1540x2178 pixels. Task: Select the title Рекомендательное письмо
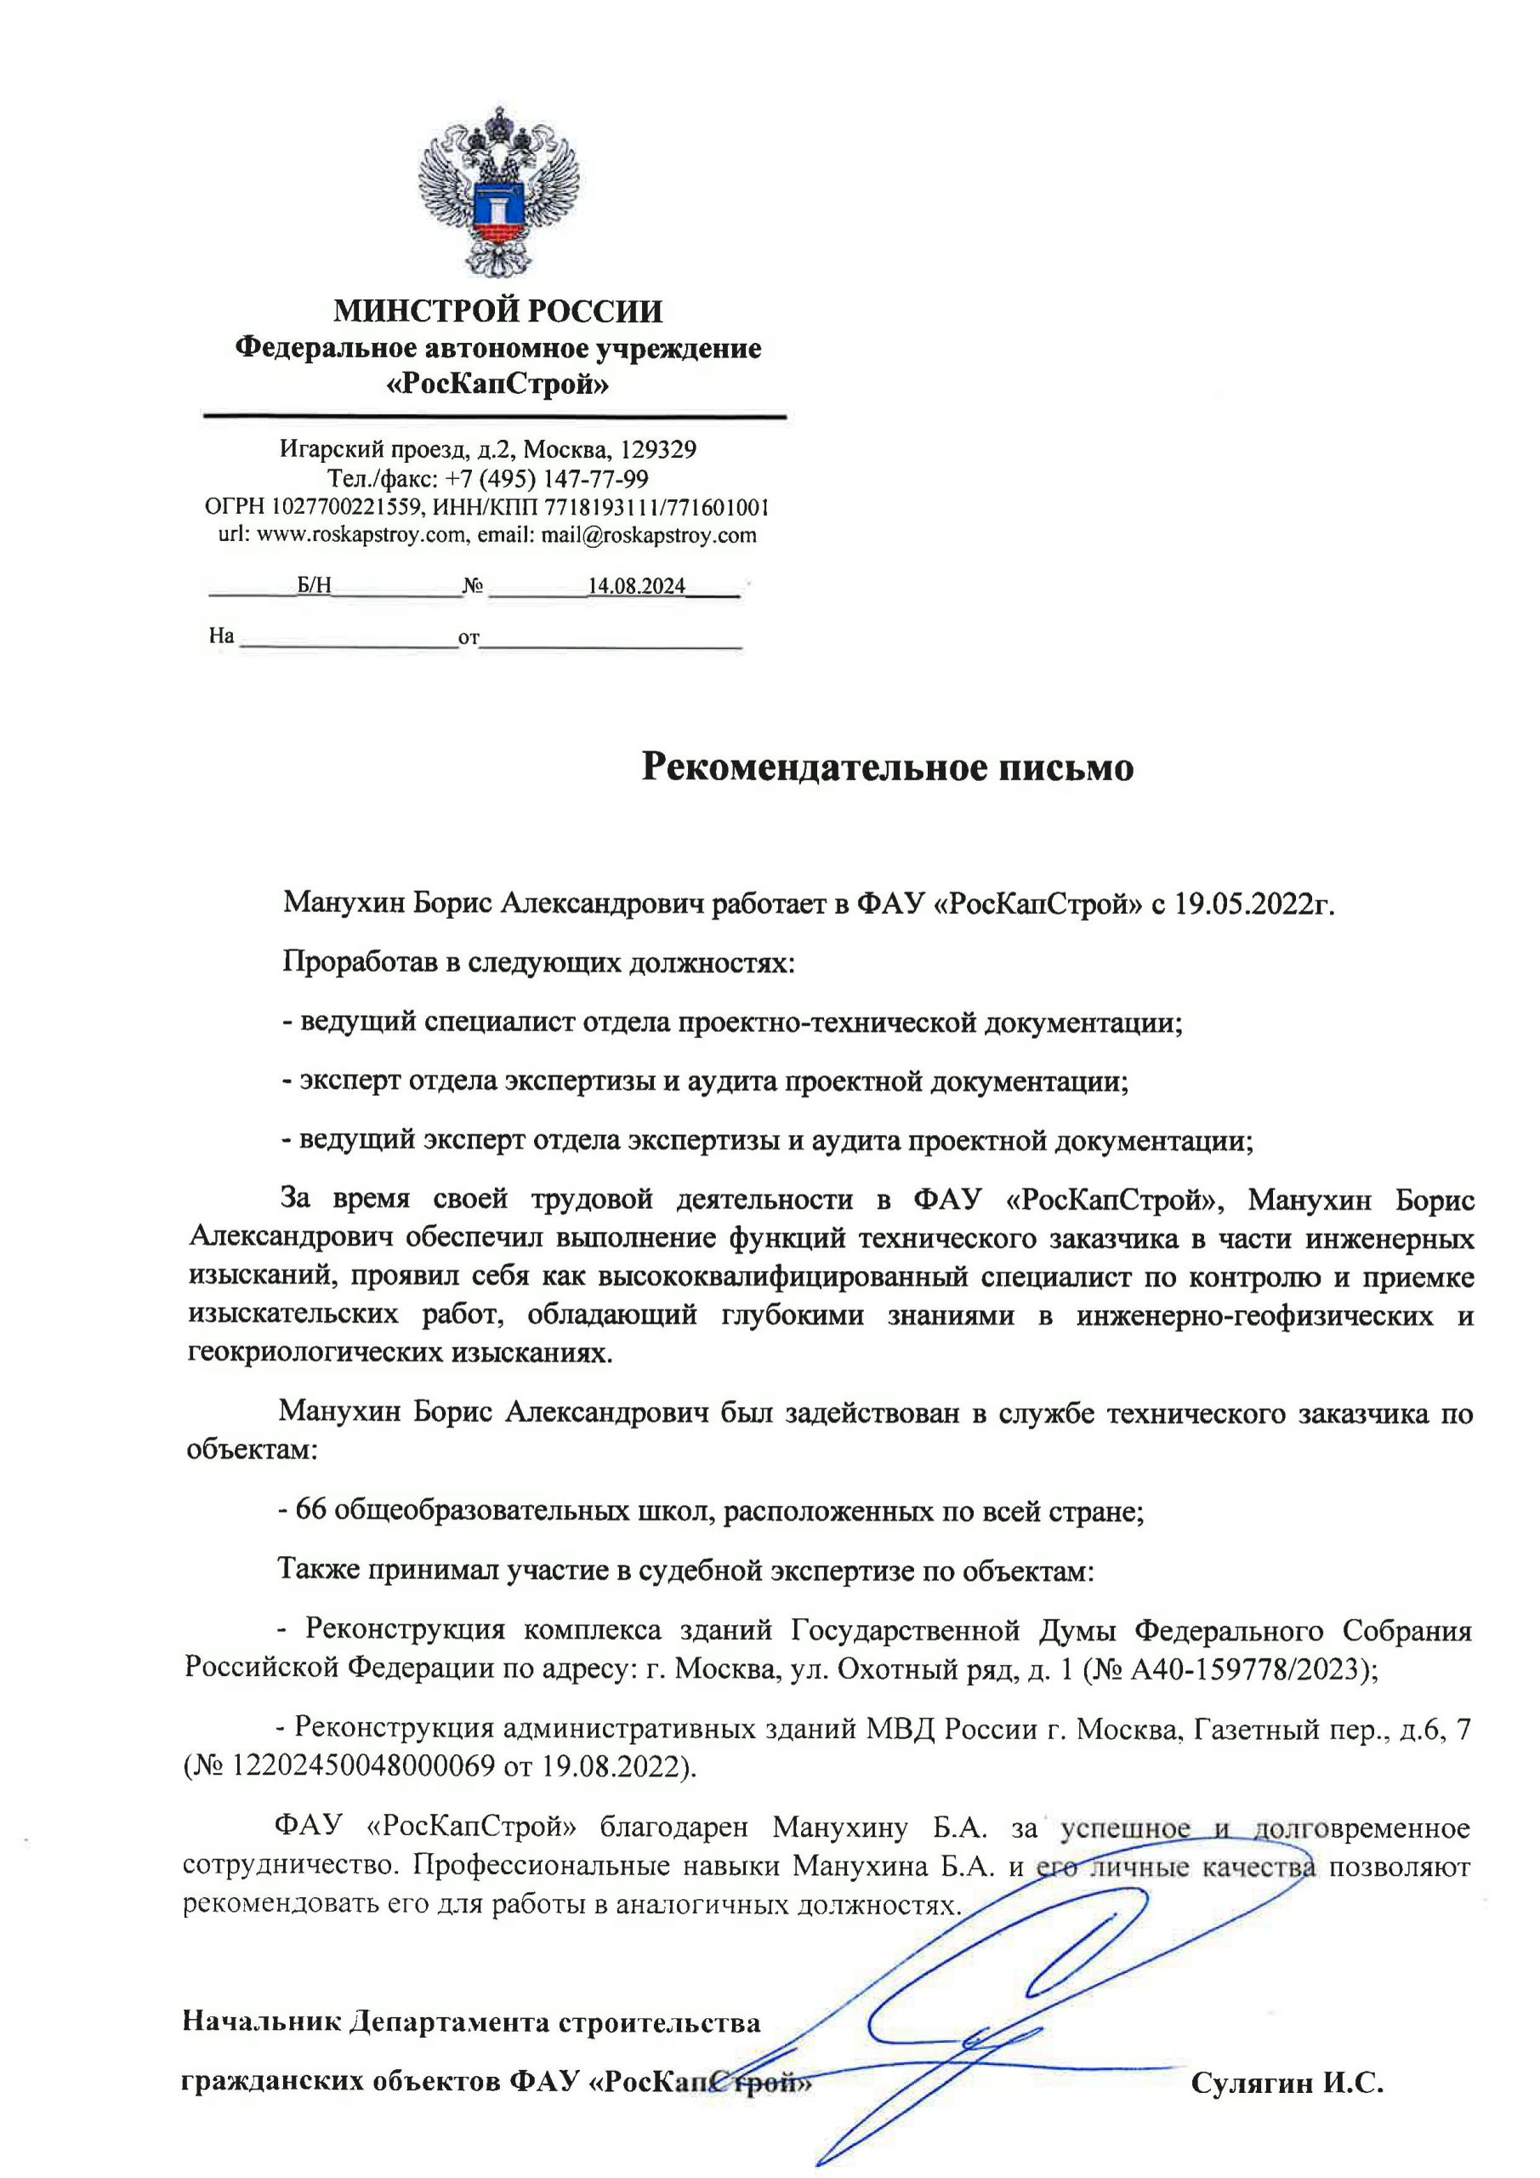coord(887,767)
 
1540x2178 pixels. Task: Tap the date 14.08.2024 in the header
coord(636,586)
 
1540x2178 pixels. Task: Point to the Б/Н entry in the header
coord(314,585)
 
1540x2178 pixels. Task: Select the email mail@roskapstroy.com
coord(649,535)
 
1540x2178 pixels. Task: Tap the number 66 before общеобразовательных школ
coord(311,1509)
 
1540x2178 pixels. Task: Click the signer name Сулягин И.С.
coord(1287,2084)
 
